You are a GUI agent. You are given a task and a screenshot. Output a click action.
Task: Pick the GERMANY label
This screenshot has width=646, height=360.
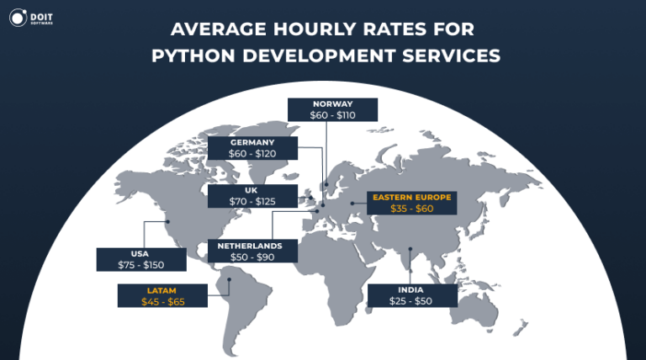pos(252,142)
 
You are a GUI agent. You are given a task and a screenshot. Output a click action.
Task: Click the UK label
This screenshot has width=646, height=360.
pos(252,190)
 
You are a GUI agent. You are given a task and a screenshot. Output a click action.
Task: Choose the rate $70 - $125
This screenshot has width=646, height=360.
pos(252,202)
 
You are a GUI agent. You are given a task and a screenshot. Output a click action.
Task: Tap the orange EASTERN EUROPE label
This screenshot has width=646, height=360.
pos(412,197)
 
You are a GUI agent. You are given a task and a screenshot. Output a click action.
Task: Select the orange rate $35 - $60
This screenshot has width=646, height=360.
pos(412,209)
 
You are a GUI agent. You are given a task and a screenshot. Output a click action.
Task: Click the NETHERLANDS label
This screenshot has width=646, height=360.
pos(252,246)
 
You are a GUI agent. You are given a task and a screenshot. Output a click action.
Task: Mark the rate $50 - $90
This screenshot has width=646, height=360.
pos(252,257)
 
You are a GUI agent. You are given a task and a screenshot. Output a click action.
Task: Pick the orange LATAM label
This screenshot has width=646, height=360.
pos(163,289)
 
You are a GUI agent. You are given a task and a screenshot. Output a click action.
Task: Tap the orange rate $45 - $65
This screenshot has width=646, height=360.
pos(163,301)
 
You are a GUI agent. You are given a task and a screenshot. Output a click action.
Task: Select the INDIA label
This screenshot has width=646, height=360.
pos(412,289)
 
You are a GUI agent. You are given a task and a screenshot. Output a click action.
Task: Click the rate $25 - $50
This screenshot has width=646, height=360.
pos(412,301)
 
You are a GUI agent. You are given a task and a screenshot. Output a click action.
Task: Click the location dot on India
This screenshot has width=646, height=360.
pos(410,248)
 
